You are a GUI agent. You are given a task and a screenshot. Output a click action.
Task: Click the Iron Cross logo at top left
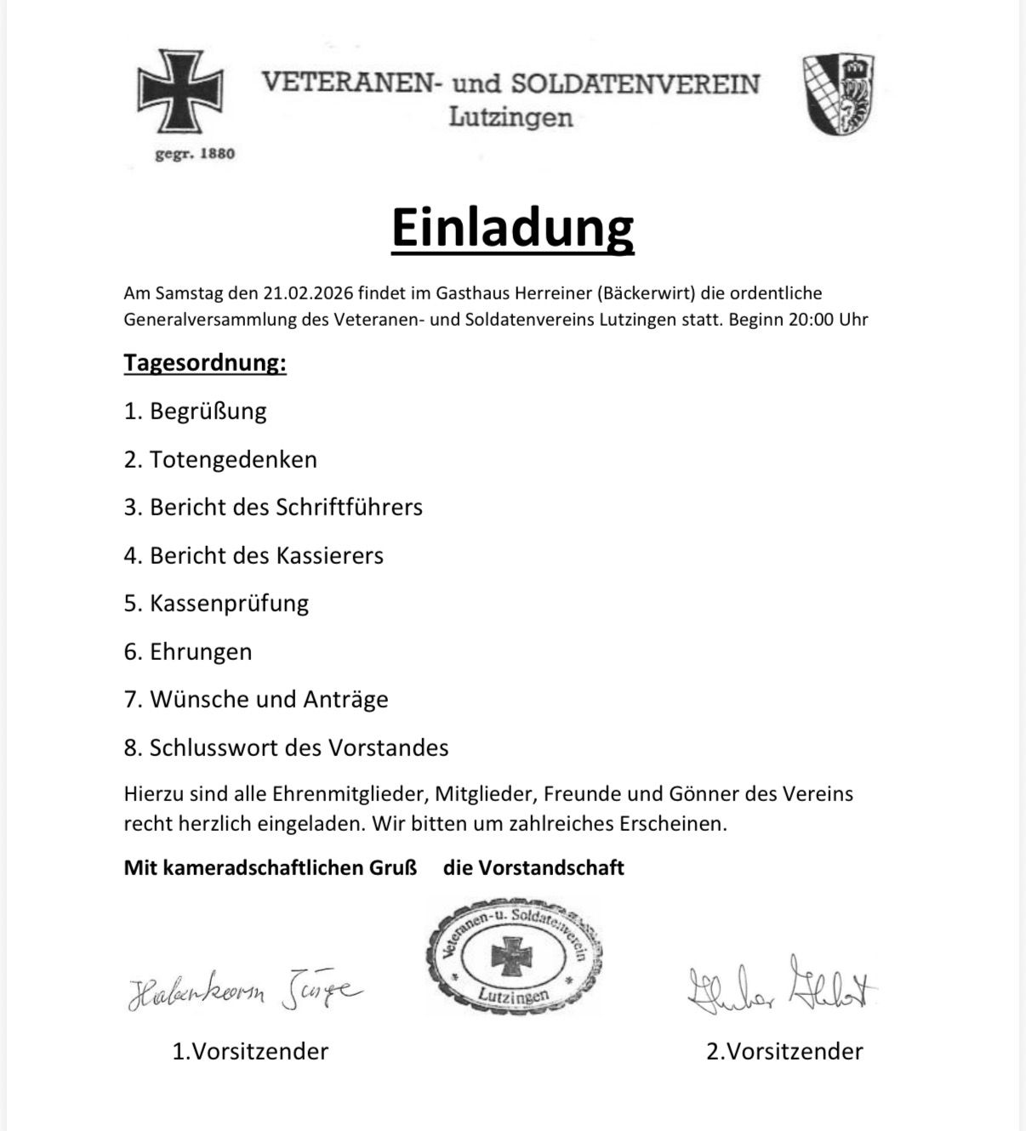click(x=180, y=91)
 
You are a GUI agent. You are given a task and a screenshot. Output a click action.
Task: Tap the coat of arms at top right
click(x=839, y=94)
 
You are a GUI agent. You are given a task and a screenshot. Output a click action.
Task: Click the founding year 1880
click(x=217, y=154)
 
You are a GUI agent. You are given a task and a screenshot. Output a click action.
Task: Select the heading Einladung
click(x=512, y=227)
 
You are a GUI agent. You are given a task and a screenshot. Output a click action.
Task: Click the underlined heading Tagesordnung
click(x=205, y=363)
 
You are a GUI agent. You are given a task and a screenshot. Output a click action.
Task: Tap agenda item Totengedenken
click(x=233, y=459)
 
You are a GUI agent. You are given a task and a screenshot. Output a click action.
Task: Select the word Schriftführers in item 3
click(x=349, y=508)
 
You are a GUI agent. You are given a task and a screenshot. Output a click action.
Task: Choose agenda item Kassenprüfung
click(x=229, y=604)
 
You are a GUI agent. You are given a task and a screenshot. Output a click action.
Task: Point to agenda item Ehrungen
click(x=201, y=652)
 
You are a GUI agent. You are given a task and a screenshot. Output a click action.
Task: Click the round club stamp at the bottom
click(x=514, y=952)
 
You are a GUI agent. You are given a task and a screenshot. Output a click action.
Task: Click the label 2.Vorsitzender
click(x=784, y=1052)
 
